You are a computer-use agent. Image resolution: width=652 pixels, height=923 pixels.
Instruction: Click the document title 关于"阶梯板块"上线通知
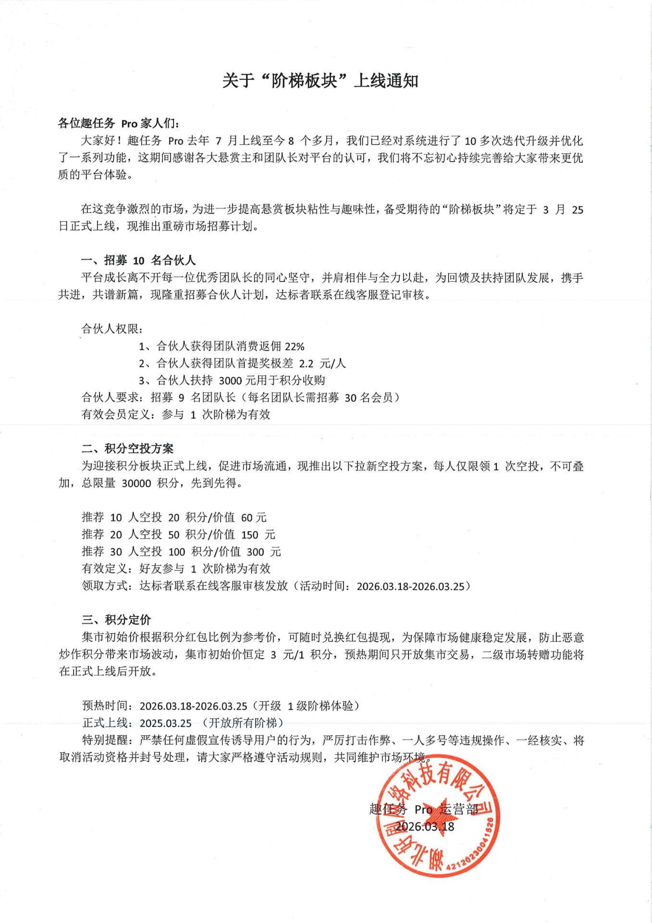click(x=320, y=81)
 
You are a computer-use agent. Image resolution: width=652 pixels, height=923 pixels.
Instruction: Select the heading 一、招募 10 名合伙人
click(x=138, y=261)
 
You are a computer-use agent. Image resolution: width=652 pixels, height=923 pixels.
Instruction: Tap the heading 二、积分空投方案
click(x=127, y=449)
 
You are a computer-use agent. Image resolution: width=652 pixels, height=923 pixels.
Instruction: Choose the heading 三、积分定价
click(x=116, y=620)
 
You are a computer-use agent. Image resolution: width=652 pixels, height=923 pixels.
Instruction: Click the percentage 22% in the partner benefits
click(x=295, y=347)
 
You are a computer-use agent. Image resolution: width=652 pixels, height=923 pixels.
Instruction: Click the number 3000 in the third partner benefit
click(x=230, y=381)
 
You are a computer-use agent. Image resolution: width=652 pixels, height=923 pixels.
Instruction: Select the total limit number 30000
click(x=136, y=483)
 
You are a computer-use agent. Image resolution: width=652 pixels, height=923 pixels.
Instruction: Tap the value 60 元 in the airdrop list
click(x=254, y=518)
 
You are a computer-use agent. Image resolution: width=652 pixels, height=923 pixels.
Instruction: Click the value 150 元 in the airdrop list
click(x=258, y=535)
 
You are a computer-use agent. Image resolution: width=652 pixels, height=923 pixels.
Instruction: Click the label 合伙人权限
click(x=111, y=329)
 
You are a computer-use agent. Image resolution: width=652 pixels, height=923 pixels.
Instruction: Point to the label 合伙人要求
click(x=111, y=398)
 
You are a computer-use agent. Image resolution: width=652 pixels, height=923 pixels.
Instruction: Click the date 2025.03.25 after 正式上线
click(x=166, y=723)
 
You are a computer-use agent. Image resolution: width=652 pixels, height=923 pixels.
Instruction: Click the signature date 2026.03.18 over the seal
click(x=425, y=827)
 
